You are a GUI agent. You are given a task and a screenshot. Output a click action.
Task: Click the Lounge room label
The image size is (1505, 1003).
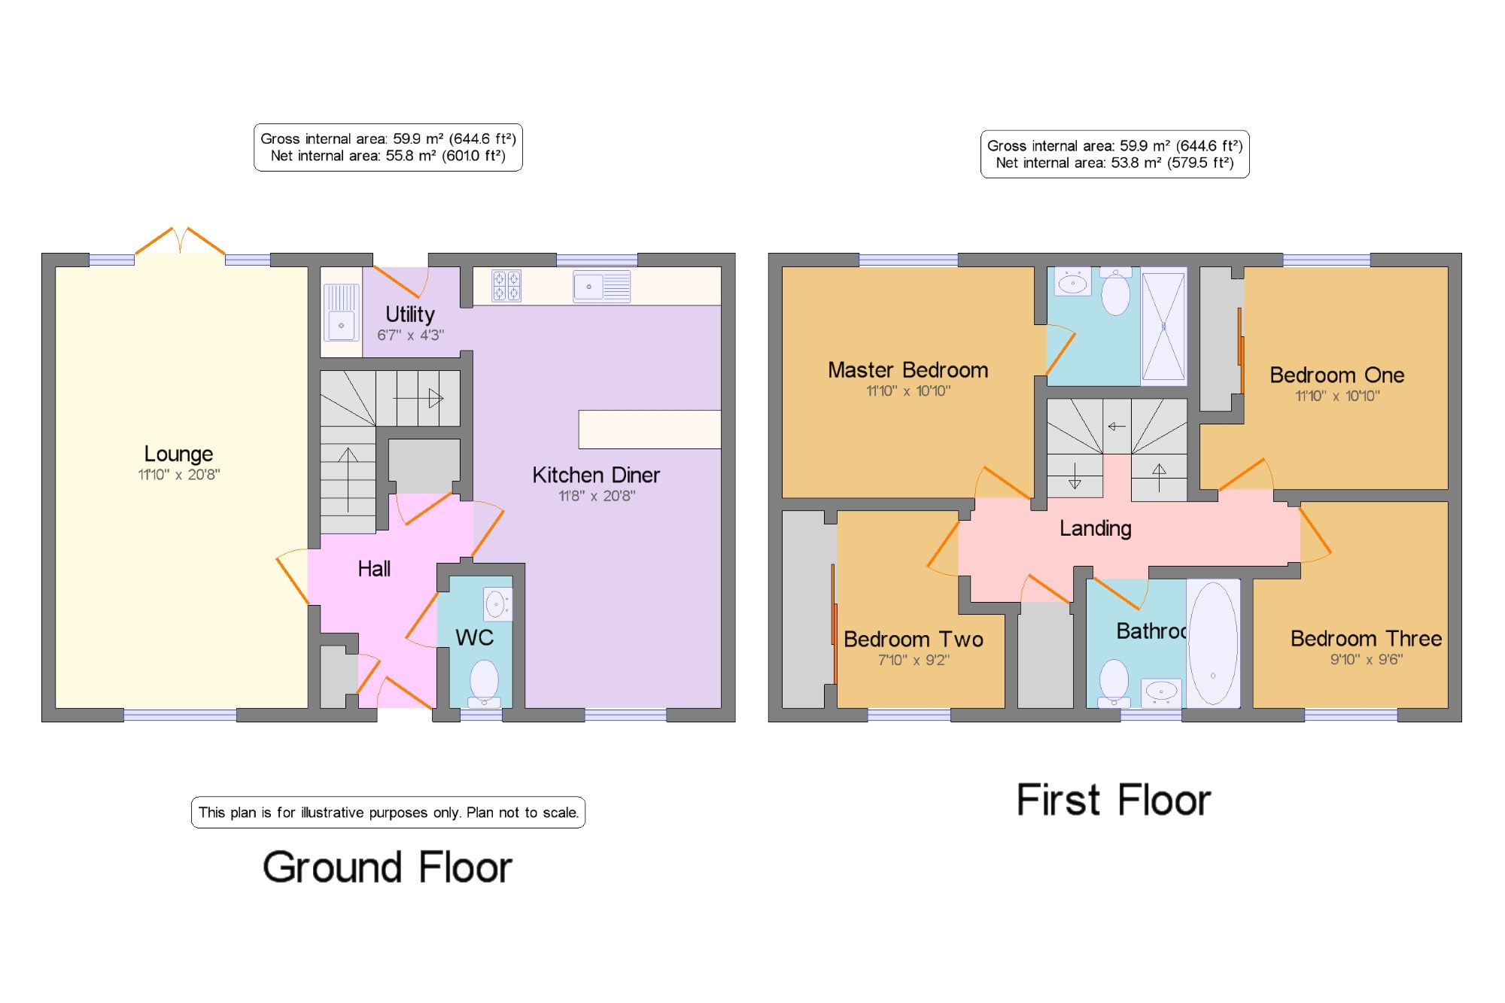tap(178, 454)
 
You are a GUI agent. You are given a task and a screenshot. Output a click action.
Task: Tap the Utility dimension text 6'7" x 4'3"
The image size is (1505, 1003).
tap(410, 335)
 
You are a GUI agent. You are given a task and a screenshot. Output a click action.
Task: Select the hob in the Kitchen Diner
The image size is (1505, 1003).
tap(506, 286)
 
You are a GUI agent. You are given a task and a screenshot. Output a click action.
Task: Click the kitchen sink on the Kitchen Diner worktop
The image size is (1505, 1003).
tap(601, 286)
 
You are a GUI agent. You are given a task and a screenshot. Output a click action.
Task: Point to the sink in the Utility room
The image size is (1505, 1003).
tap(341, 312)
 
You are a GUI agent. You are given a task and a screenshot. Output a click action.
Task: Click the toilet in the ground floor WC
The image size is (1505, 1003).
tap(484, 683)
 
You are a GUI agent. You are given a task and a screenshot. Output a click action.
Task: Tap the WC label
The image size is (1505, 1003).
tap(474, 638)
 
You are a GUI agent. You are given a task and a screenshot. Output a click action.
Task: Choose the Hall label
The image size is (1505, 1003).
tap(374, 569)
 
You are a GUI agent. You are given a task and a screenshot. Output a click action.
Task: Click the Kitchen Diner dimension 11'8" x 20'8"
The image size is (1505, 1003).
tap(597, 496)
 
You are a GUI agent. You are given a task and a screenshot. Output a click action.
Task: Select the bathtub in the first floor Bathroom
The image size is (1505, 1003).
tap(1213, 643)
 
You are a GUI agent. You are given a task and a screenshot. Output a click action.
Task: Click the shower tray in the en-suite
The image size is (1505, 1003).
tap(1163, 327)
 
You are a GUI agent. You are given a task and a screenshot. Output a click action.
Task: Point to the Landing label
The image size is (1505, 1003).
tap(1095, 528)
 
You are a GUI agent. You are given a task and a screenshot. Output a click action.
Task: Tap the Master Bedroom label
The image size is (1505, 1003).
tap(908, 370)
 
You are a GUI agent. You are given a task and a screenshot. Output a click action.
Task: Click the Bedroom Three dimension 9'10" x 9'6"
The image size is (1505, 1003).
tap(1367, 660)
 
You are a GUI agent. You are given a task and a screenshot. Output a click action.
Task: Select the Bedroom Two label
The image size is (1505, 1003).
tap(914, 640)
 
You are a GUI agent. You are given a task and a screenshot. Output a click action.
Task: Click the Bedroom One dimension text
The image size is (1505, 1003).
tap(1337, 396)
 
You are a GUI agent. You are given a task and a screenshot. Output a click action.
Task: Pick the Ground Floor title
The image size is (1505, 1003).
tap(388, 867)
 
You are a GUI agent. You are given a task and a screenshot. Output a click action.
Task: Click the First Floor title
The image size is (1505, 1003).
tap(1114, 800)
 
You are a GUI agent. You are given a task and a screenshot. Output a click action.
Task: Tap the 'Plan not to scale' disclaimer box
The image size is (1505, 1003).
tap(388, 813)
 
